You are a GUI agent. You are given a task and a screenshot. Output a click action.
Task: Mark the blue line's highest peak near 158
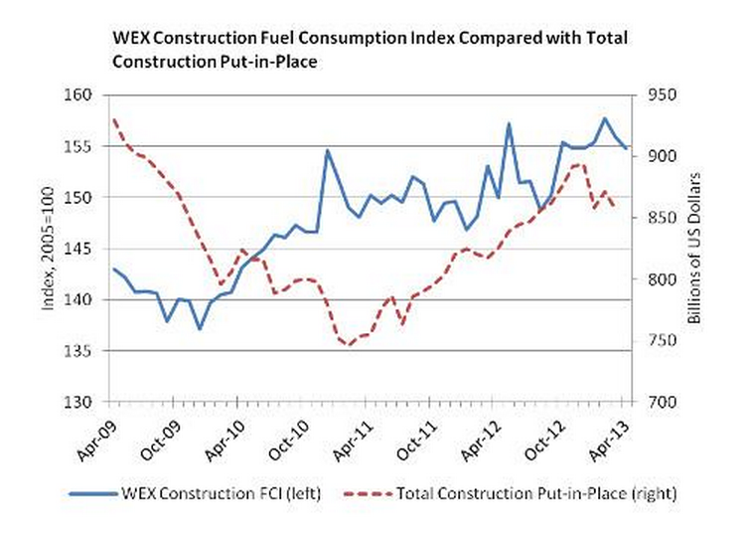pos(604,118)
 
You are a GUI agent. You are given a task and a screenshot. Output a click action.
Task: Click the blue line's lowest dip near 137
pos(200,329)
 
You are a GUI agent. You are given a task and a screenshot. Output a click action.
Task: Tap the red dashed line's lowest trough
pos(349,345)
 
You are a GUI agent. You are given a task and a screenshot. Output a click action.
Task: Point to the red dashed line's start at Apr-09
pos(114,119)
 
